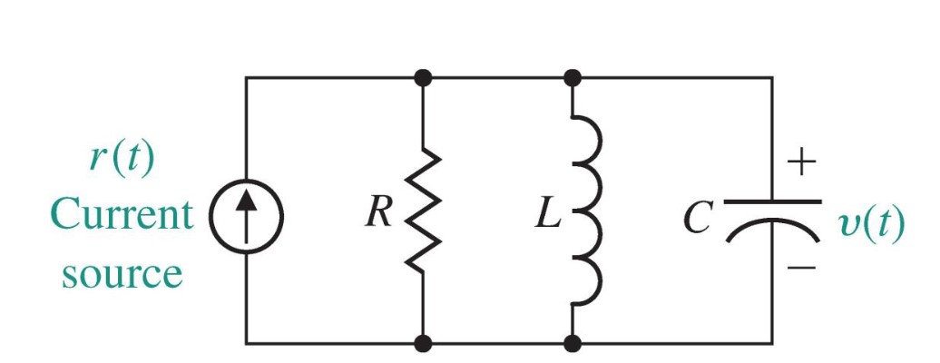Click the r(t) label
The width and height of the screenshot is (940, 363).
pyautogui.click(x=122, y=160)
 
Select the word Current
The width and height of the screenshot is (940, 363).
pyautogui.click(x=122, y=216)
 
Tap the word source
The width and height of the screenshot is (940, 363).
pyautogui.click(x=122, y=271)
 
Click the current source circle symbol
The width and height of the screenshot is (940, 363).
pyautogui.click(x=247, y=218)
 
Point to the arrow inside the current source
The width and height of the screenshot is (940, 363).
pyautogui.click(x=247, y=216)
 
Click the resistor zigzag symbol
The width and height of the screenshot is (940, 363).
pyautogui.click(x=424, y=211)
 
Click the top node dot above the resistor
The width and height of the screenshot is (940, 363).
pyautogui.click(x=424, y=78)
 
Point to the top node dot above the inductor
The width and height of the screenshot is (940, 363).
pyautogui.click(x=573, y=78)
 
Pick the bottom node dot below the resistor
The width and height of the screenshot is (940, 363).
pyautogui.click(x=424, y=344)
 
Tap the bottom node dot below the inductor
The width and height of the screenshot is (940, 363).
pyautogui.click(x=573, y=344)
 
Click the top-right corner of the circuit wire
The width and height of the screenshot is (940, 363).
pyautogui.click(x=772, y=78)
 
